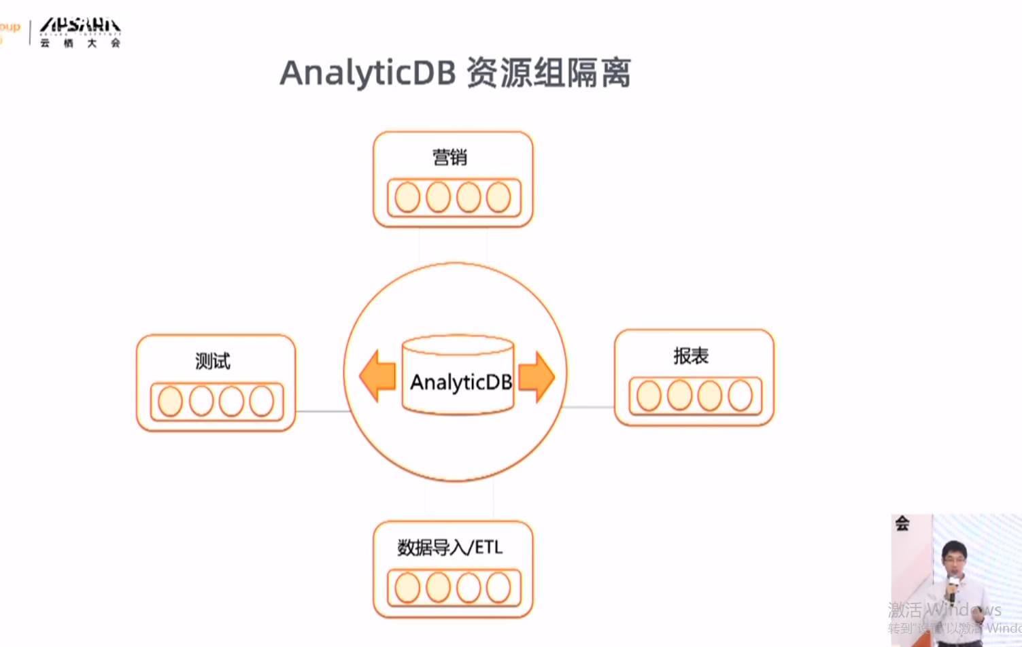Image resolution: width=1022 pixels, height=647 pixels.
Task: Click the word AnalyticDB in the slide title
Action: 367,73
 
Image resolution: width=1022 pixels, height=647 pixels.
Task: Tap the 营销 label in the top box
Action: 449,157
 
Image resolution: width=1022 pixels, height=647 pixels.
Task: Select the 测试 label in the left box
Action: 212,360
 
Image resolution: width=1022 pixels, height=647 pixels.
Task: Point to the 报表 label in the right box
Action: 690,355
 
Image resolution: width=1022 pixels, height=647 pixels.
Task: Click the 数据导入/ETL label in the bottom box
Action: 449,547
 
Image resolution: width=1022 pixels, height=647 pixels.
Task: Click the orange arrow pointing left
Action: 377,375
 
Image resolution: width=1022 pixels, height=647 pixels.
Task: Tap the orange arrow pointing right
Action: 537,376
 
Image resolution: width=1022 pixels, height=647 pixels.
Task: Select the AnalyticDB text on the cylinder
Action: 460,382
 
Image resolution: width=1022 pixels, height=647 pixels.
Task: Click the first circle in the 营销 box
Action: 407,197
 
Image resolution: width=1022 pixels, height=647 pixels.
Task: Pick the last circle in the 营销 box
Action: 498,197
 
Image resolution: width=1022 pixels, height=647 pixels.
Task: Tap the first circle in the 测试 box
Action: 170,401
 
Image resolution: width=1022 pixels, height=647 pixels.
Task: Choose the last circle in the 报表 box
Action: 740,396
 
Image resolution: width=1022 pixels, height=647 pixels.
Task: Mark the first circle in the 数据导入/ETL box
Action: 407,588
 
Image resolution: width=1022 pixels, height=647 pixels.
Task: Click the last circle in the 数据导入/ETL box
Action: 498,588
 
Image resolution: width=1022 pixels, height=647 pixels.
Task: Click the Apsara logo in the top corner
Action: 80,31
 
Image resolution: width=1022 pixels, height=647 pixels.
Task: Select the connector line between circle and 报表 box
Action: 589,407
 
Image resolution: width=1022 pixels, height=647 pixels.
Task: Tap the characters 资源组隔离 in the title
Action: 548,73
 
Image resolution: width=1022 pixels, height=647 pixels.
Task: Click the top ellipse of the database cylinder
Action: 458,345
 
